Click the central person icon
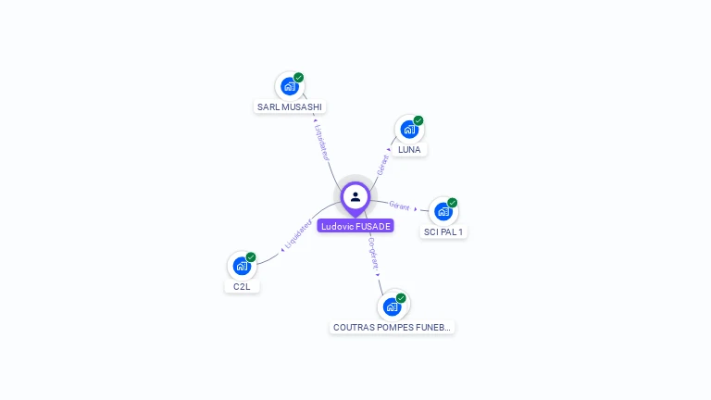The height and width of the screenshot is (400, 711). pos(355,196)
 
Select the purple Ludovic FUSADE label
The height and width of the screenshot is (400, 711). pos(355,226)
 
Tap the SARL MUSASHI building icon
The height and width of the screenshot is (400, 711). pos(290,87)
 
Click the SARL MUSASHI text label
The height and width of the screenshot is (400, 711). pos(290,106)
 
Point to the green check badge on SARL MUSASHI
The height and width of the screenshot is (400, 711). pos(299,78)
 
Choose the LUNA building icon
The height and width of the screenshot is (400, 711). pos(408,130)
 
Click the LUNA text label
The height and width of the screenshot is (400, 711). pos(408,149)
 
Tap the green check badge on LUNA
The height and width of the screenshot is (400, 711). pos(418,120)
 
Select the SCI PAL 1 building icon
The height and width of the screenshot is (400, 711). pos(443,212)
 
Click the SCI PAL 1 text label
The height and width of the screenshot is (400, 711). pos(443,231)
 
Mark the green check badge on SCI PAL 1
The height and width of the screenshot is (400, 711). pos(453,203)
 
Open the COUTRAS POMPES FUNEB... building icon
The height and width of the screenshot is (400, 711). pos(392,306)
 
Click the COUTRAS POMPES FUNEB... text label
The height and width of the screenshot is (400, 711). pos(393,327)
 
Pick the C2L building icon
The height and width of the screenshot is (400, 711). pos(242,267)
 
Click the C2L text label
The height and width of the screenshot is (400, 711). pos(242,286)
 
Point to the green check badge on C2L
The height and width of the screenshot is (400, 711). pos(251,257)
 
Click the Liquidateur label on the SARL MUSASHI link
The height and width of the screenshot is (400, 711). pos(322,140)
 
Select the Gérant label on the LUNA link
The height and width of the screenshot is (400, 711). pos(383,165)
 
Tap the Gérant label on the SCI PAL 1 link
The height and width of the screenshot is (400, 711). pos(399,206)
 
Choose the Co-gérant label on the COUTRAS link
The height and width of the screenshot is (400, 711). pos(373,253)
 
